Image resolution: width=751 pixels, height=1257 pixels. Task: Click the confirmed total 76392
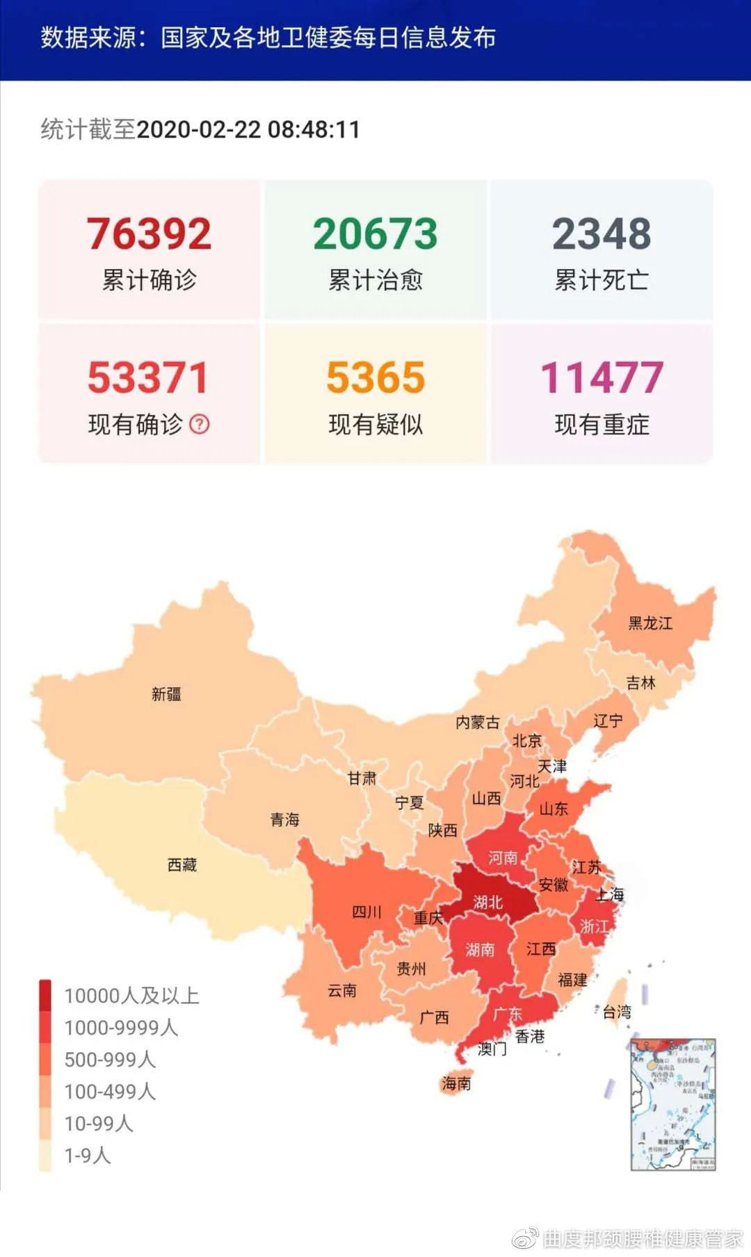pos(149,234)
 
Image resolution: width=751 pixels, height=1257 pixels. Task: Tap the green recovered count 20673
pos(375,234)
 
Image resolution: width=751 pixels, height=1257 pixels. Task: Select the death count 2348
pos(601,234)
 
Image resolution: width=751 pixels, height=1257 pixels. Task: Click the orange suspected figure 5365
pos(375,377)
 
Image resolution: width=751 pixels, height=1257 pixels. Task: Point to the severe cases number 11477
pos(601,377)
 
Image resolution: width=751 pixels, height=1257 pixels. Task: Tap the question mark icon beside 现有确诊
pos(200,424)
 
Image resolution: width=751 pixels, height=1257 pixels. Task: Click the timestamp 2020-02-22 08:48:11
pos(248,129)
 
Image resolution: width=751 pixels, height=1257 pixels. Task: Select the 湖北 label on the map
pos(487,902)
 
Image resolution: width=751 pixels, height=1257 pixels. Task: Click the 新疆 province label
pos(166,693)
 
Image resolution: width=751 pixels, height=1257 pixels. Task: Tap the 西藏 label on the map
pos(182,864)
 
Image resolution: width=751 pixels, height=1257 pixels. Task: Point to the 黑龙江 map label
pos(650,623)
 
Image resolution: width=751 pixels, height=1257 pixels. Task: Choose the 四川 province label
pos(366,911)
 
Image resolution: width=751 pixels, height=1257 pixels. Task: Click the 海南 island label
pos(456,1083)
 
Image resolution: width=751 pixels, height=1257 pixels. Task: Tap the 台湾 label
pos(617,1012)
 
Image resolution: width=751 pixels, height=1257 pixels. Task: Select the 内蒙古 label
pos(477,722)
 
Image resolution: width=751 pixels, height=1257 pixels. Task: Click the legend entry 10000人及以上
pos(131,996)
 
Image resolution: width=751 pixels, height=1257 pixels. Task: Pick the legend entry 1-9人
pos(88,1156)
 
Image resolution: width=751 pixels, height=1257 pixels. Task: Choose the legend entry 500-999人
pos(110,1060)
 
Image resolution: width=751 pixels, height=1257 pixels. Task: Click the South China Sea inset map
pos(672,1105)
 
